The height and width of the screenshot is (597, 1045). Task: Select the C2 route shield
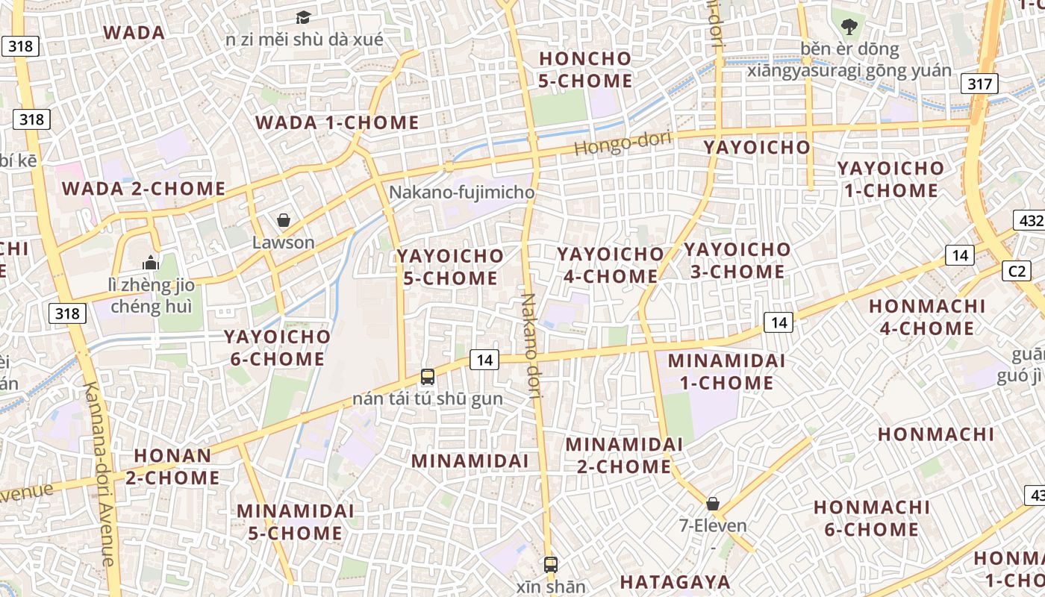(x=1017, y=271)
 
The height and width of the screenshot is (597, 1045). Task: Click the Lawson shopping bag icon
(x=284, y=220)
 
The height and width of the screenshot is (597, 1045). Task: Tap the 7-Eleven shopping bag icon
(x=713, y=504)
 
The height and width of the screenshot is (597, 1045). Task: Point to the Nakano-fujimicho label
(x=462, y=193)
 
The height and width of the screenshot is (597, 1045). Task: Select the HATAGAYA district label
(x=675, y=581)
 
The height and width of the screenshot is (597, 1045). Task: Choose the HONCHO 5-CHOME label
(x=585, y=69)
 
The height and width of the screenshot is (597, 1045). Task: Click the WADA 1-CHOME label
(x=337, y=123)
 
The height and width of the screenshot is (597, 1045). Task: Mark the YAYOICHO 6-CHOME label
(x=278, y=348)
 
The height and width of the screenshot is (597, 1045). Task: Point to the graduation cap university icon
(x=303, y=17)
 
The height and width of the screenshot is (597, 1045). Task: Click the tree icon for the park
(x=849, y=28)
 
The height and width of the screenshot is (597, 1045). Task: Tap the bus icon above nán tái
(x=428, y=377)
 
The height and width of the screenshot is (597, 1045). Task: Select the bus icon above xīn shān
(x=551, y=565)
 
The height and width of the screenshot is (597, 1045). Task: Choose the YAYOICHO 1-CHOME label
(x=890, y=179)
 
